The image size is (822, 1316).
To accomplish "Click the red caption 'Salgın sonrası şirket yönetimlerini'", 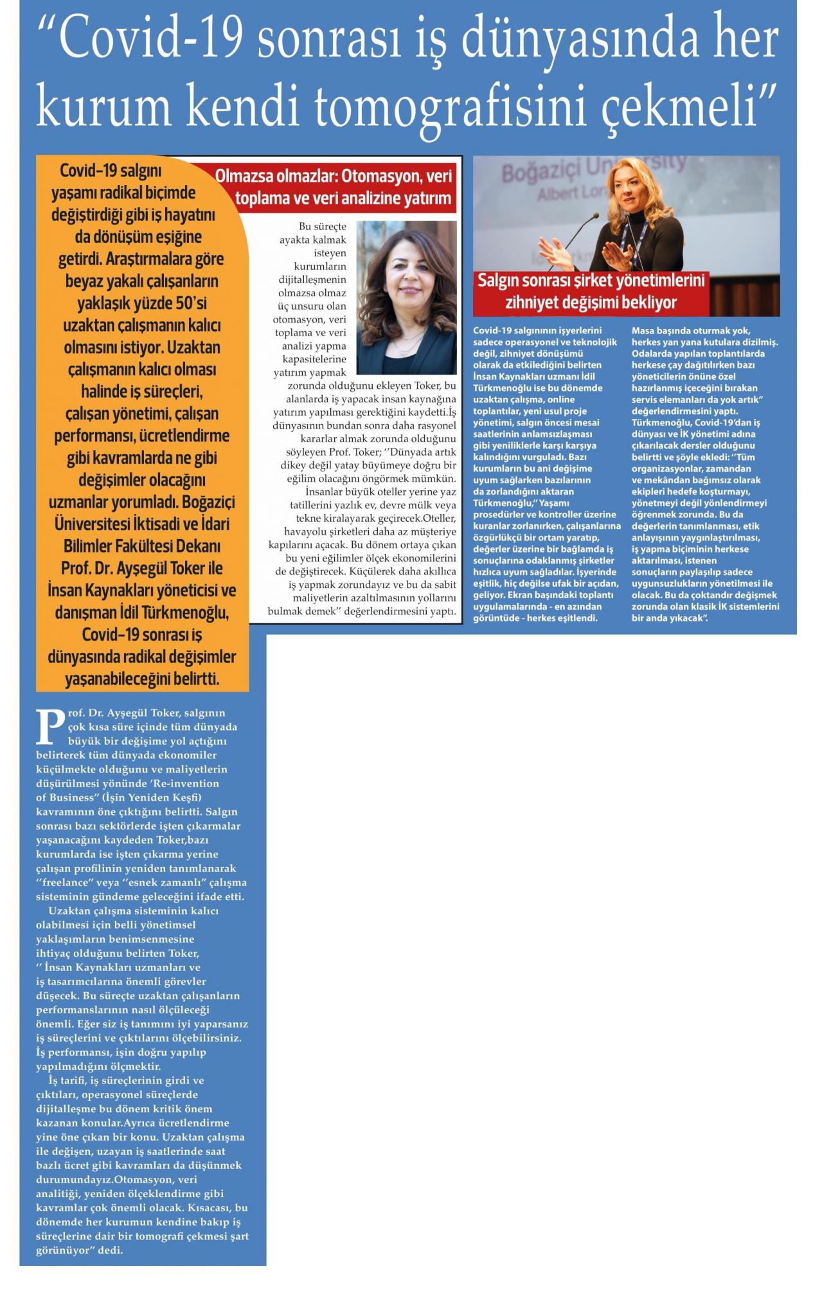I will tap(591, 281).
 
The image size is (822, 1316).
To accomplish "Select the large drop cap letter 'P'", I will tap(50, 725).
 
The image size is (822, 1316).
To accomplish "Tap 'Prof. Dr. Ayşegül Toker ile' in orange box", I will tap(142, 569).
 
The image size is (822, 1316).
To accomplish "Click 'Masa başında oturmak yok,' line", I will tap(686, 331).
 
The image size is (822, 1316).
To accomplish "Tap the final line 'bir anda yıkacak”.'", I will tap(669, 618).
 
